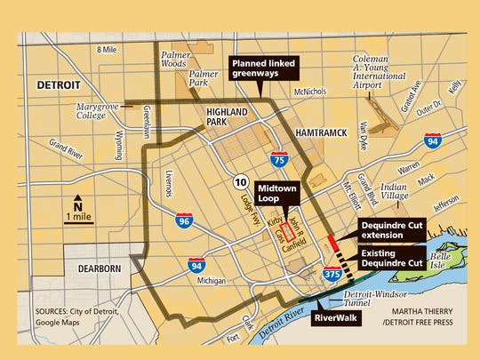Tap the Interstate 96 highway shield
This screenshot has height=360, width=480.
(183, 220)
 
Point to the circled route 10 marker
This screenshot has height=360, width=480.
(240, 181)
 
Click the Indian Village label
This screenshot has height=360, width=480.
(395, 192)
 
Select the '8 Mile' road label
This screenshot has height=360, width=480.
(106, 48)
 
